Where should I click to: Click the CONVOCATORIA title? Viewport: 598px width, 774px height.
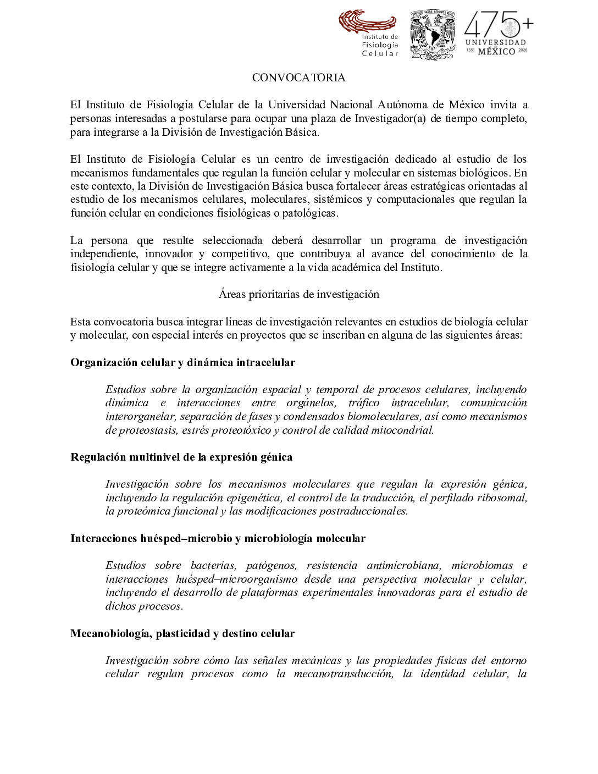click(298, 78)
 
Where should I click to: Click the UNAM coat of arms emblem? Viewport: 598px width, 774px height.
click(433, 34)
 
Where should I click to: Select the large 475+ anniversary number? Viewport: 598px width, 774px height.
click(498, 25)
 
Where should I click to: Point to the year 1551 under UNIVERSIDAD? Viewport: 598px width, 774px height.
click(470, 51)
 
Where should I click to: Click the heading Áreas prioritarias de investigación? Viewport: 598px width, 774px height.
click(298, 295)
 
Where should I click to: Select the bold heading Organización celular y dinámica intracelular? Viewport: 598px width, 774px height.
click(182, 362)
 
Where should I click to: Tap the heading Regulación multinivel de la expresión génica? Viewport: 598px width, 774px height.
click(181, 457)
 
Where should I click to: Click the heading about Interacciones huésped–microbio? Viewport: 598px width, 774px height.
click(218, 539)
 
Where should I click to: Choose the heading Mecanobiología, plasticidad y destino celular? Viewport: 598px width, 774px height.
click(182, 634)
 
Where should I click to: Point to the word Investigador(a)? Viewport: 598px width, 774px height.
click(390, 119)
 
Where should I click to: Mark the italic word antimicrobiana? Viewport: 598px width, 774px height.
click(403, 566)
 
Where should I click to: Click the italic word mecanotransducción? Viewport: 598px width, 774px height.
click(344, 675)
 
